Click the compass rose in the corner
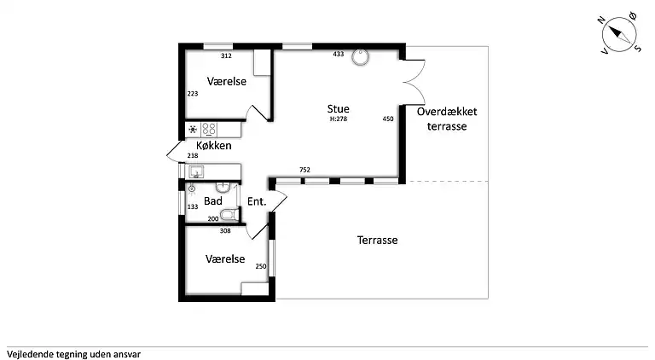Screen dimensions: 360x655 (620, 34)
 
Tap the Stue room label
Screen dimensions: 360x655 (339, 108)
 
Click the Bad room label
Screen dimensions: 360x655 (212, 201)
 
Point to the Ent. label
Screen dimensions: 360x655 (257, 202)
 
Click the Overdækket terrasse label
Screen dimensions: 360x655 (448, 119)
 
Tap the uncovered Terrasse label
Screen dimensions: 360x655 (377, 241)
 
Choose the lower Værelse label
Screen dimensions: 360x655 (226, 258)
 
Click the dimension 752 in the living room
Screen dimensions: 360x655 (304, 171)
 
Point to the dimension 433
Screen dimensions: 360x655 (339, 55)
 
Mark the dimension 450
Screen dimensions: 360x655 (388, 119)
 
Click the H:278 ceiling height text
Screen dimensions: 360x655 (339, 119)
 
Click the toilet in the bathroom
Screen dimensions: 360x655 (228, 213)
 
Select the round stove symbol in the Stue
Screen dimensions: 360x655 (362, 56)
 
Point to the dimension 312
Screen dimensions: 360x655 (226, 56)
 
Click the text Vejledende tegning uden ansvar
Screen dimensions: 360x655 (73, 352)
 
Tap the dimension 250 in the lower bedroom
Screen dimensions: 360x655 (261, 266)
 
